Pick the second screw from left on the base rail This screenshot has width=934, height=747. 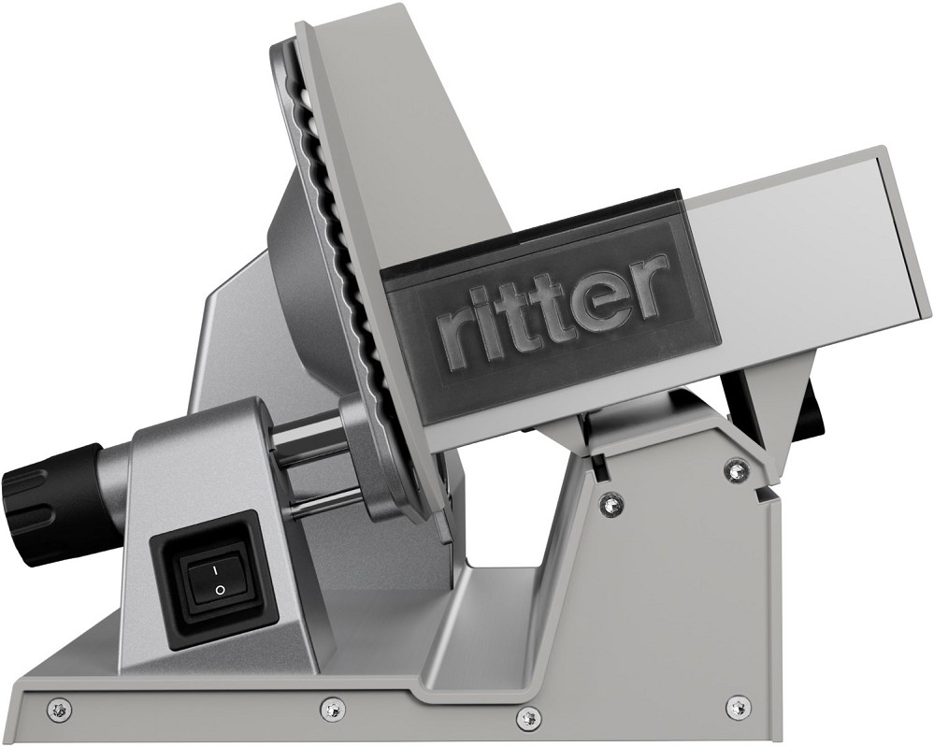[x=329, y=707]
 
